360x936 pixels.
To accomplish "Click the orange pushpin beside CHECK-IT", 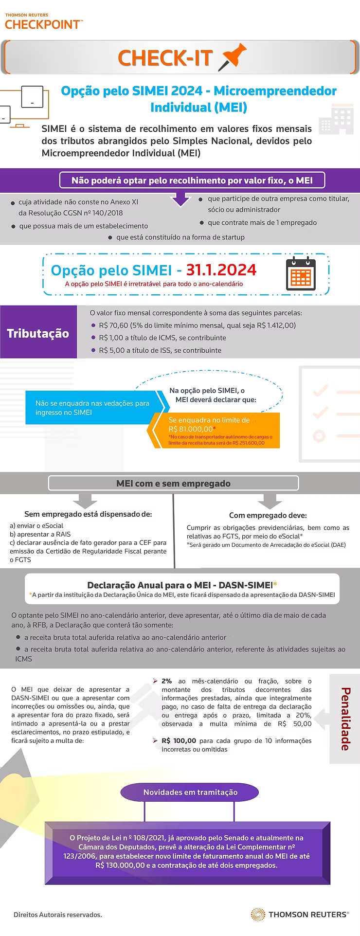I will click(x=233, y=57).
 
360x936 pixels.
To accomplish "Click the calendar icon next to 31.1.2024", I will click(x=301, y=274).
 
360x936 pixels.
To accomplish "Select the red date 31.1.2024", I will click(x=221, y=270).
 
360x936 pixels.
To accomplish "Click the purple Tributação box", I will click(x=38, y=333).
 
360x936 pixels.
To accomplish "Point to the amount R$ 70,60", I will click(x=113, y=325).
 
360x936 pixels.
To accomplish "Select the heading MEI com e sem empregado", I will click(x=173, y=483).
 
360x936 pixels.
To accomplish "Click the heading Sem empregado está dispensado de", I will click(x=88, y=514).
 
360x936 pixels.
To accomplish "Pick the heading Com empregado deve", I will click(x=268, y=515).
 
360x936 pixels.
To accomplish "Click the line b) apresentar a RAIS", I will click(x=40, y=534).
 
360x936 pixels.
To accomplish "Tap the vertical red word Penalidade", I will click(x=345, y=719).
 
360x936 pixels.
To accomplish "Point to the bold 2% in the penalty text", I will click(x=166, y=681).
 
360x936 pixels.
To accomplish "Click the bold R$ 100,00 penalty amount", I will click(x=179, y=740).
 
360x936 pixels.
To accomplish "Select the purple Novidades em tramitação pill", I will click(x=190, y=792).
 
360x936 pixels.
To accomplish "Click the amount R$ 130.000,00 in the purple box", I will click(x=120, y=865).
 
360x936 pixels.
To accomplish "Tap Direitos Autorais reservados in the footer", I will click(x=58, y=915).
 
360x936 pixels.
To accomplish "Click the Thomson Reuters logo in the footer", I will click(x=300, y=914).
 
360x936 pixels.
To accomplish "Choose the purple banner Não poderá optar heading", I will click(x=192, y=180).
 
